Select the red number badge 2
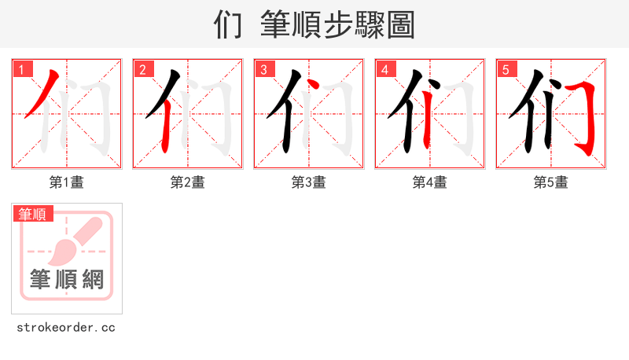[143, 70]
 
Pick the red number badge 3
[264, 70]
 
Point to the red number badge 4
[385, 70]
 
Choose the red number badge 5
[506, 70]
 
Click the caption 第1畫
[66, 182]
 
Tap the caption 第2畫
[187, 182]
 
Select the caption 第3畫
[308, 182]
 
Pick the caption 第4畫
[429, 182]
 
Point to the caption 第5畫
[550, 182]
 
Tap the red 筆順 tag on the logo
[32, 213]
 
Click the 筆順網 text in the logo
[66, 278]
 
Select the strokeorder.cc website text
[66, 328]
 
